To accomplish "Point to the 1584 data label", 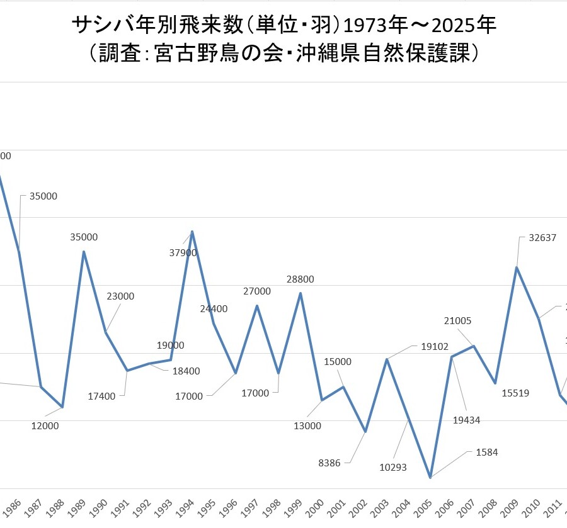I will (486, 452).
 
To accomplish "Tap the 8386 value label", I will (329, 463).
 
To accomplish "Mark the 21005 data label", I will (457, 321).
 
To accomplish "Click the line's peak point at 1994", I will (192, 232).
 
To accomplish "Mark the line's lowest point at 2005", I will (430, 478).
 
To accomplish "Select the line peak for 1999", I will (301, 293).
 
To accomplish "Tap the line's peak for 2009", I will (517, 267).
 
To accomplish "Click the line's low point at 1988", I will (62, 407).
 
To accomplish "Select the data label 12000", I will (45, 426).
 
